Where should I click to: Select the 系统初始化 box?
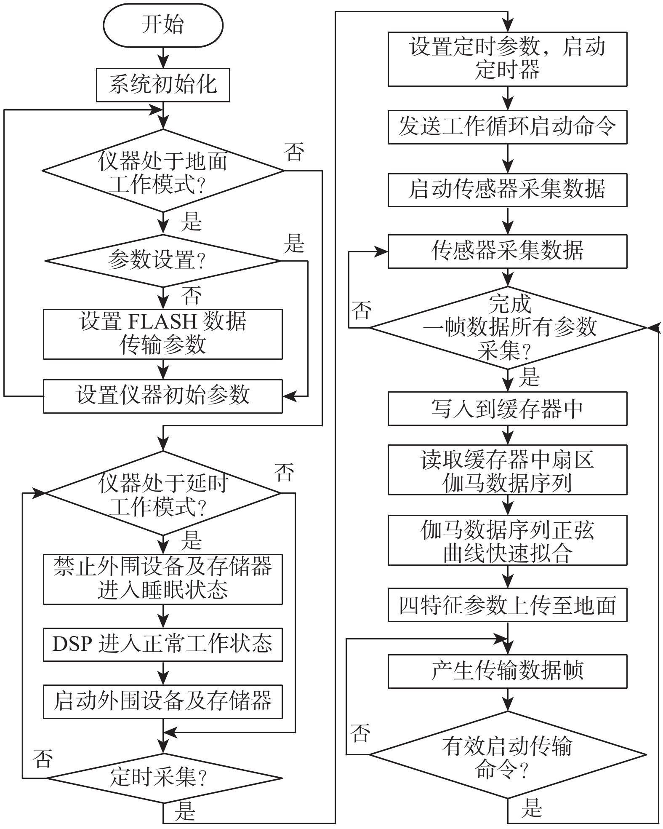pos(163,85)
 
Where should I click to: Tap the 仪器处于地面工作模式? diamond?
pos(163,171)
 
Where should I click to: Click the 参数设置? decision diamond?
pos(163,261)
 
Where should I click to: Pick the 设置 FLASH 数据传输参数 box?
pos(163,334)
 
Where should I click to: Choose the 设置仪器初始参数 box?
pos(163,396)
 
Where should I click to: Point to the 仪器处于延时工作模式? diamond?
pos(163,493)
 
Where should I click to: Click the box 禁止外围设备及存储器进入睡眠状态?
pos(163,579)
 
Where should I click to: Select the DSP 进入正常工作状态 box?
pos(163,644)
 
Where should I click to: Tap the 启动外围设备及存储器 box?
pos(163,701)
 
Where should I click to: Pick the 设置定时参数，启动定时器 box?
pos(507,59)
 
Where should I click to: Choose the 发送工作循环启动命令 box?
pos(507,127)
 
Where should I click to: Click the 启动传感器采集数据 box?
pos(507,190)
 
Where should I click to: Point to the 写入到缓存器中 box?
pos(507,408)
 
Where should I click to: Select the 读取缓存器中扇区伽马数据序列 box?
pos(507,470)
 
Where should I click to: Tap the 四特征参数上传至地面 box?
pos(507,605)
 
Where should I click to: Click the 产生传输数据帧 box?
pos(507,671)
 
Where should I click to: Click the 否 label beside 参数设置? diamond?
pos(192,296)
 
